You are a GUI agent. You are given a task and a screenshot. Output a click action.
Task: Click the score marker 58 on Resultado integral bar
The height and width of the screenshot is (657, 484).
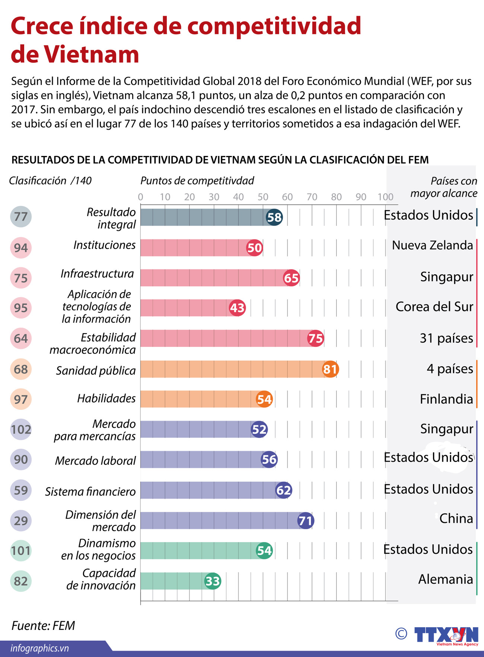[274, 217]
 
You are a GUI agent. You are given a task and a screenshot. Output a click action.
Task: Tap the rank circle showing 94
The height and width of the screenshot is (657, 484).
[21, 248]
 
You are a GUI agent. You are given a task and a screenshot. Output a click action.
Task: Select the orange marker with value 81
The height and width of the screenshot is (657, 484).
[330, 369]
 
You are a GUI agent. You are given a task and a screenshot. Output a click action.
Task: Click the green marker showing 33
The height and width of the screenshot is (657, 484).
[213, 581]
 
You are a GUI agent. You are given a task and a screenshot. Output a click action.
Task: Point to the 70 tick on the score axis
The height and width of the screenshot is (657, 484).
[312, 197]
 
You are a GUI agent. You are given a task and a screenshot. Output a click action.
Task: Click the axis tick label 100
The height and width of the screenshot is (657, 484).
[385, 197]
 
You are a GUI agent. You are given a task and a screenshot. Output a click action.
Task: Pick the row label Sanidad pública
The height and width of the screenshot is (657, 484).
[96, 371]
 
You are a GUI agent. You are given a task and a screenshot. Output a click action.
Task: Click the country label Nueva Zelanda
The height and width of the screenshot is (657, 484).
[432, 245]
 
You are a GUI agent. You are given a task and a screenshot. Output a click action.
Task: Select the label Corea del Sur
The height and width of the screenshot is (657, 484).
[434, 307]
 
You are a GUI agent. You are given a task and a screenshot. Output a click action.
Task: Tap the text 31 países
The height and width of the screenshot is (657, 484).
[446, 338]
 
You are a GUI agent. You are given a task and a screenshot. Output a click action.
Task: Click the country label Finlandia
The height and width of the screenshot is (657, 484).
[446, 399]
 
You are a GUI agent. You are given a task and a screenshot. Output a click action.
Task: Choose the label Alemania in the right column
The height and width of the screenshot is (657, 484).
[445, 579]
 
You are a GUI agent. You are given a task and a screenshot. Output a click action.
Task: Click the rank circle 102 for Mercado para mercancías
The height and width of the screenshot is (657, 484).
[21, 430]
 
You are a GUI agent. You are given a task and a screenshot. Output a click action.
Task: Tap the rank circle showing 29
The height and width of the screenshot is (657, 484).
[21, 520]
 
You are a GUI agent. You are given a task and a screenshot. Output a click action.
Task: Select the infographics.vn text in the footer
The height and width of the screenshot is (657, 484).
[40, 648]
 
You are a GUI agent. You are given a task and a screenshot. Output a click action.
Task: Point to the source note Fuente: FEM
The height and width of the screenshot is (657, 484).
[43, 625]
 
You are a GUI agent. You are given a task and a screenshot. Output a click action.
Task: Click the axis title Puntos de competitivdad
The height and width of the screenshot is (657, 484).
[197, 181]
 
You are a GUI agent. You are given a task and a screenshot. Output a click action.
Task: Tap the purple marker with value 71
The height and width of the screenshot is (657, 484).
[306, 520]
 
